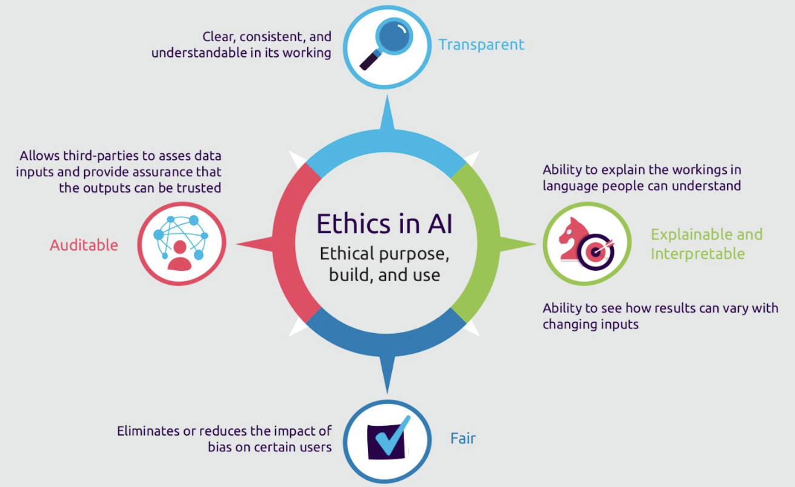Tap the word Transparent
(481, 44)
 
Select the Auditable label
(84, 245)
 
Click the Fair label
(463, 438)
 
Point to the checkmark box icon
(387, 437)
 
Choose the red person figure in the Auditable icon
(179, 255)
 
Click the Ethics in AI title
(384, 223)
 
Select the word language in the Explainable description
(570, 186)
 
